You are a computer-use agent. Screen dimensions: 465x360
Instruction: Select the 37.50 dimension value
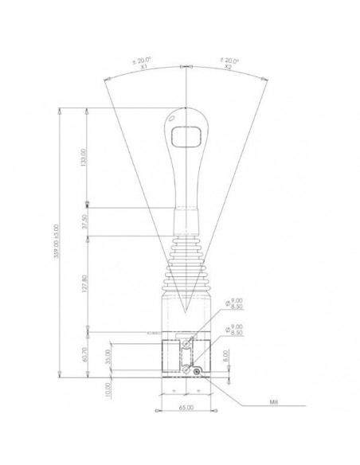95,223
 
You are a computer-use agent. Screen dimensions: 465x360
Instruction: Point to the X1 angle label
145,68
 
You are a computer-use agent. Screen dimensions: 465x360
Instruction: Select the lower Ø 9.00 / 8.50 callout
234,329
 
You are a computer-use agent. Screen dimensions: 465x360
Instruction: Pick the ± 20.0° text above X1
145,61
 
